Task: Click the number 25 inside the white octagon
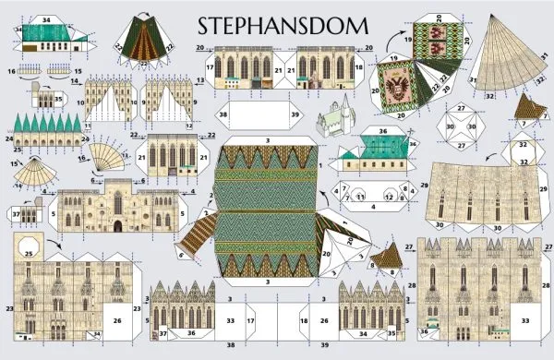(x=29, y=254)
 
